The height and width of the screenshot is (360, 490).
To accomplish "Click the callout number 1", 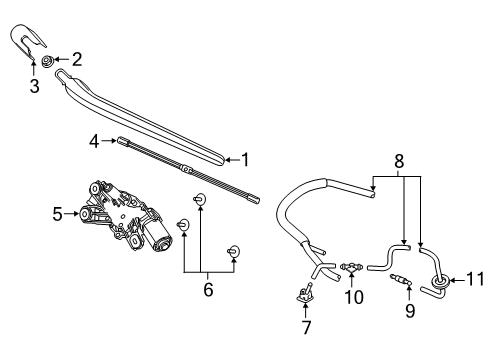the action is tap(246, 160).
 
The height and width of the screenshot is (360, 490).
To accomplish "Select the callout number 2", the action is tap(77, 59).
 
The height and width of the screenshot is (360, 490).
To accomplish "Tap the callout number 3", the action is tap(34, 86).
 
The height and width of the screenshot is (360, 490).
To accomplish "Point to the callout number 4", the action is tap(94, 141).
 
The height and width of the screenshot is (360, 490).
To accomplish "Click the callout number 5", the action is tap(57, 214).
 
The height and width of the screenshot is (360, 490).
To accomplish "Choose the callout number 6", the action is tap(208, 289).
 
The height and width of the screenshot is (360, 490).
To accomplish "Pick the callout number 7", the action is tap(307, 327).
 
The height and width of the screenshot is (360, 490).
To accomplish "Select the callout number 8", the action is tap(399, 161).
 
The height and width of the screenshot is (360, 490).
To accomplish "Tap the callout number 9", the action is tap(410, 310).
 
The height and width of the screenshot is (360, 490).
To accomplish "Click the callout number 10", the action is tap(354, 296).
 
